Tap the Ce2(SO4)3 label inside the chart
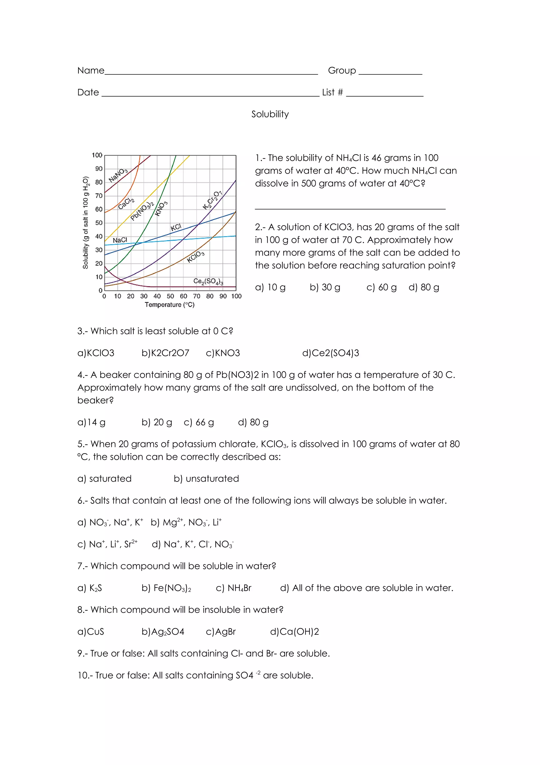click(208, 282)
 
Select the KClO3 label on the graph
click(196, 257)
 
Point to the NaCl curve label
click(120, 240)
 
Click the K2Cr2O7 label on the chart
click(212, 200)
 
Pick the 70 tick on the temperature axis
click(197, 296)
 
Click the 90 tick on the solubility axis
click(99, 169)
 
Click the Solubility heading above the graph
click(270, 114)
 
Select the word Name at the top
click(91, 71)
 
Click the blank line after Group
click(390, 73)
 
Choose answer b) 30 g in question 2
click(325, 287)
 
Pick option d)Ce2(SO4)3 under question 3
click(330, 353)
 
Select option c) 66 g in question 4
click(199, 422)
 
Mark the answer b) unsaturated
click(206, 479)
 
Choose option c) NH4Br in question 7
click(234, 588)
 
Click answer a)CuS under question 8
click(90, 631)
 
